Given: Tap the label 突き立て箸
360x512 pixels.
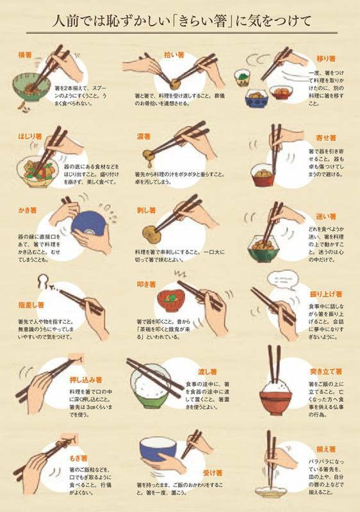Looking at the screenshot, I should [326, 371].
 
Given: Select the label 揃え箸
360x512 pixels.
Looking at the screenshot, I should [326, 449].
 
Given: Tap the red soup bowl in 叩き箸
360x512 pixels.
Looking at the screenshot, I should [167, 300].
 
